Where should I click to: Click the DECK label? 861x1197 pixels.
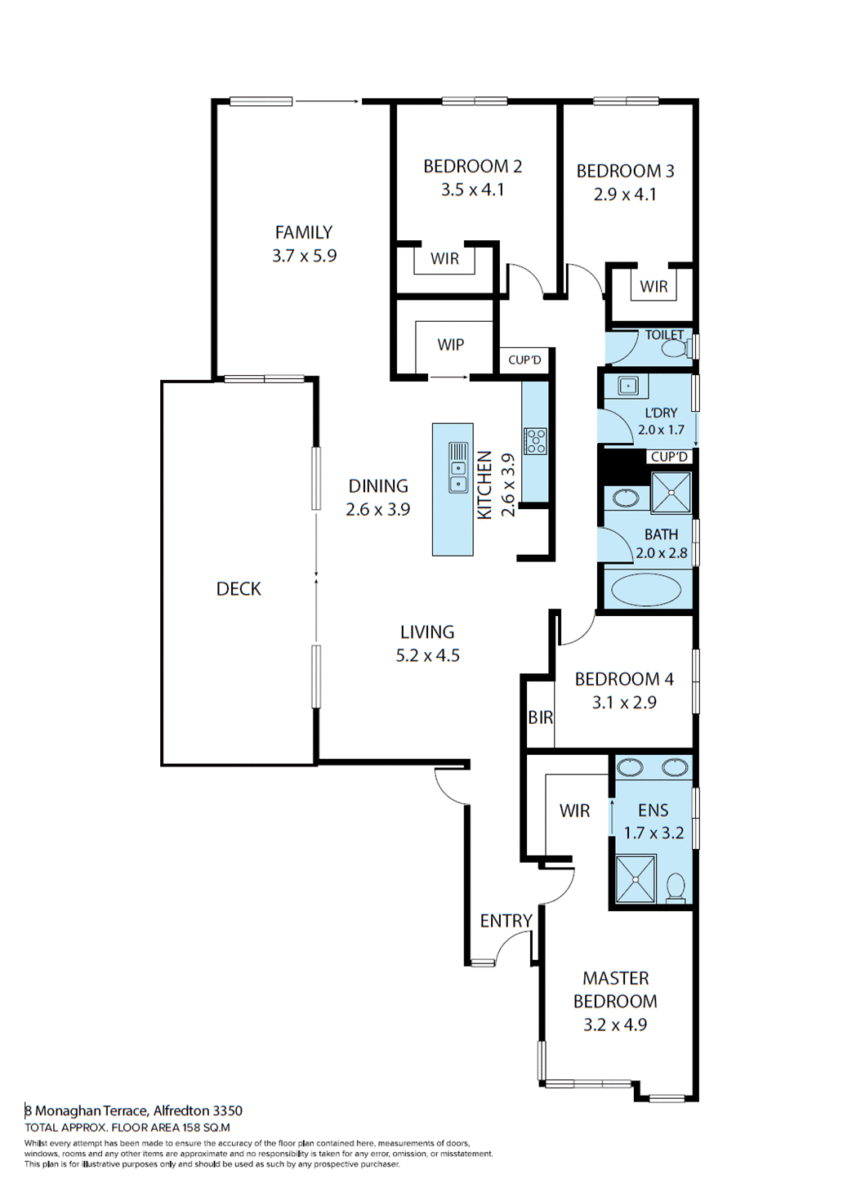(x=239, y=589)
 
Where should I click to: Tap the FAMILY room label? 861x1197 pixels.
(x=303, y=233)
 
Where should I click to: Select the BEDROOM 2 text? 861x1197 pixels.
(x=472, y=167)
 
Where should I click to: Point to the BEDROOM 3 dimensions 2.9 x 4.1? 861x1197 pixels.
(x=625, y=194)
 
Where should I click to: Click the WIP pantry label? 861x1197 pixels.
(x=450, y=345)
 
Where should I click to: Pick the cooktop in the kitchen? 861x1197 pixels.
(x=536, y=441)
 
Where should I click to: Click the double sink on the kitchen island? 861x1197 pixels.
(x=458, y=467)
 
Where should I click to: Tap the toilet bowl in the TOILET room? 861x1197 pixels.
(x=674, y=349)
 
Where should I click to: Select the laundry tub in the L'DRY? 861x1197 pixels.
(x=627, y=385)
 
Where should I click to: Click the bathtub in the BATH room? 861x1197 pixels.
(x=646, y=590)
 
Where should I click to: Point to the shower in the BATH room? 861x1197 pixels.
(x=671, y=493)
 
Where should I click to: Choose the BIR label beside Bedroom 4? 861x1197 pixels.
(x=540, y=717)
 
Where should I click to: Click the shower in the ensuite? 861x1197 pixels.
(x=636, y=878)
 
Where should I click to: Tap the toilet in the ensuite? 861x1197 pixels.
(x=676, y=887)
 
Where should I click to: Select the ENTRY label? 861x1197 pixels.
(x=506, y=921)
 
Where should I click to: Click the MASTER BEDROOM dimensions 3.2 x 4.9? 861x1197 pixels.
(x=615, y=1025)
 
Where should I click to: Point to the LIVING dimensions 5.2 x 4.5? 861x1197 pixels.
(x=427, y=655)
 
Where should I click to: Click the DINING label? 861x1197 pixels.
(x=378, y=486)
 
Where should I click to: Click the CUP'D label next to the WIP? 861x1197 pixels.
(x=524, y=360)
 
